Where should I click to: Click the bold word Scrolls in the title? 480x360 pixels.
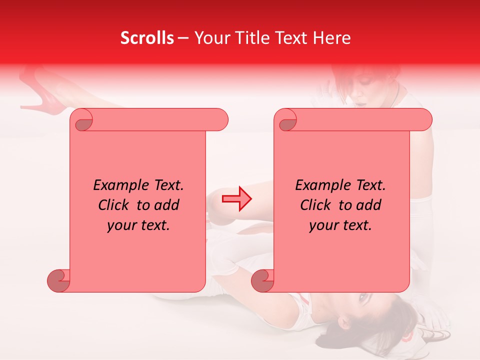147,38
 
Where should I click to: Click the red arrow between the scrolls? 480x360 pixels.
237,199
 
